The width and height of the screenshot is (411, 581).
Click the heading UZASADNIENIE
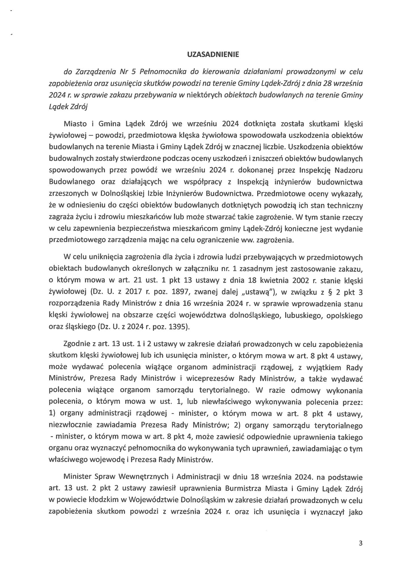(x=213, y=55)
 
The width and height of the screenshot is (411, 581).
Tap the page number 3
(x=361, y=543)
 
